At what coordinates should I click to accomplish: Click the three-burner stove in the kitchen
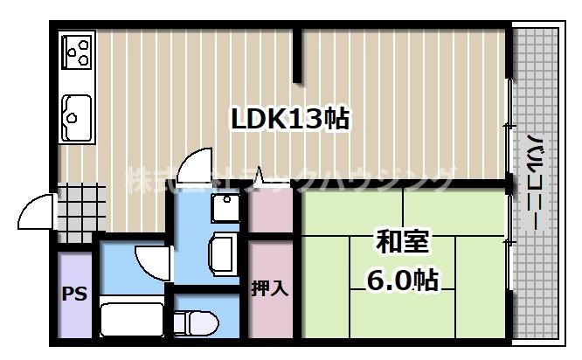(78, 50)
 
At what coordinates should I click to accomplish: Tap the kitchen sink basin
(77, 114)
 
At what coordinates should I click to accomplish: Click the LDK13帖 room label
(289, 119)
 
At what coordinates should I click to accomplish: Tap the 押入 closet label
(270, 287)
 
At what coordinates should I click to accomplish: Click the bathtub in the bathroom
(131, 318)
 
